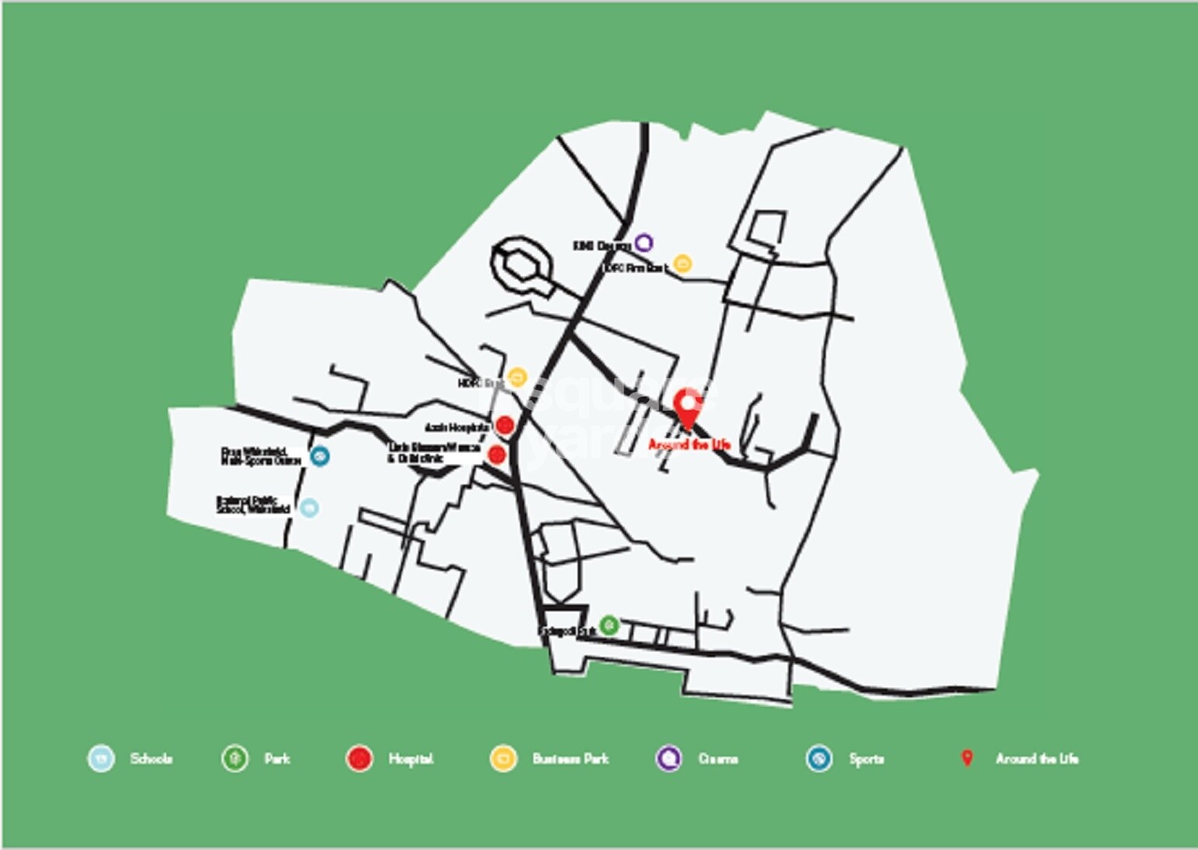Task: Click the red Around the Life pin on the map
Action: coord(686,405)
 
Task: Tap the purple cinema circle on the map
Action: coord(643,243)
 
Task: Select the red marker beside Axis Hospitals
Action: coord(505,425)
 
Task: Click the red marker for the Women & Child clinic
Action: coord(497,454)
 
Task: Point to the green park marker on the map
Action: coord(609,625)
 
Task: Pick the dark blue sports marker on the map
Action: coord(319,456)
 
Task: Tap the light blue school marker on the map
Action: coord(309,508)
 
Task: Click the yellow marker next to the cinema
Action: coord(682,264)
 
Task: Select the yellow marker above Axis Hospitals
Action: coord(517,378)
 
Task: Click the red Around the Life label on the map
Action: coord(689,445)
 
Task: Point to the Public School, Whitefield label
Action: coord(253,505)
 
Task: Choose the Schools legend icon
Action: coord(101,758)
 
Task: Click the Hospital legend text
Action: coord(410,759)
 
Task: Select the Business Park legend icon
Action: coord(503,758)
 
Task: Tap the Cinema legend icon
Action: coord(669,758)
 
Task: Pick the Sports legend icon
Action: coord(819,758)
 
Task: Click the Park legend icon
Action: coord(234,758)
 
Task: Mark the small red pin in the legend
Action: coord(967,757)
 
